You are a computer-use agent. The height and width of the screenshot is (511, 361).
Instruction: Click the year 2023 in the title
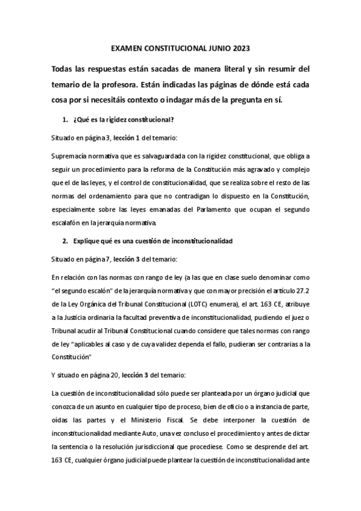pos(239,48)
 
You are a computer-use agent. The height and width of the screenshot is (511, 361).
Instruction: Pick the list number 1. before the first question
pos(66,119)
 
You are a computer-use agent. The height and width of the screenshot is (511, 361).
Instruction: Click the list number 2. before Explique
pos(66,241)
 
